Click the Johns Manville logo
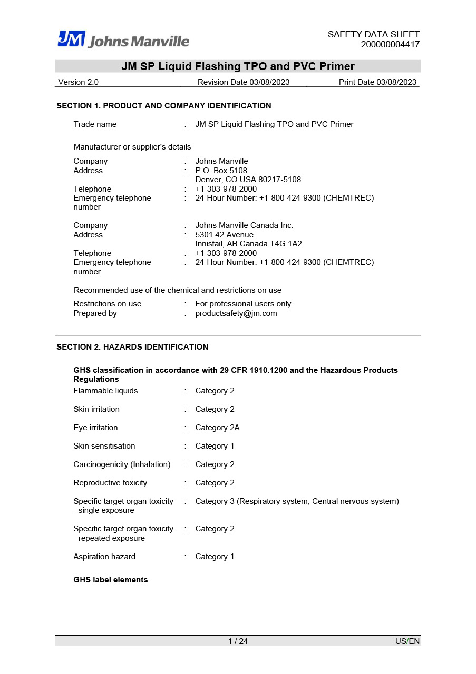123,39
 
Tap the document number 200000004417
390,45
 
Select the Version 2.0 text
79,82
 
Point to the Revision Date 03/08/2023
244,82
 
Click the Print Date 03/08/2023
377,82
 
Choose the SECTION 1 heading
164,106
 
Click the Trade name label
95,124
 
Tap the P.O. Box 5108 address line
221,171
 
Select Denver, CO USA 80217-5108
248,180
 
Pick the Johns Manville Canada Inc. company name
245,225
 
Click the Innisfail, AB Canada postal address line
249,244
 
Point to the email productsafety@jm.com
236,313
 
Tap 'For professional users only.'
245,304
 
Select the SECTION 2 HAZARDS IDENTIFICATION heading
132,347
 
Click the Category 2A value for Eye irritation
218,428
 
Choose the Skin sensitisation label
104,446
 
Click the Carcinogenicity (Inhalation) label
122,464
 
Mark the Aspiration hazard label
104,557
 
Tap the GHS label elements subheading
111,580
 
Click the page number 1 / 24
238,641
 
